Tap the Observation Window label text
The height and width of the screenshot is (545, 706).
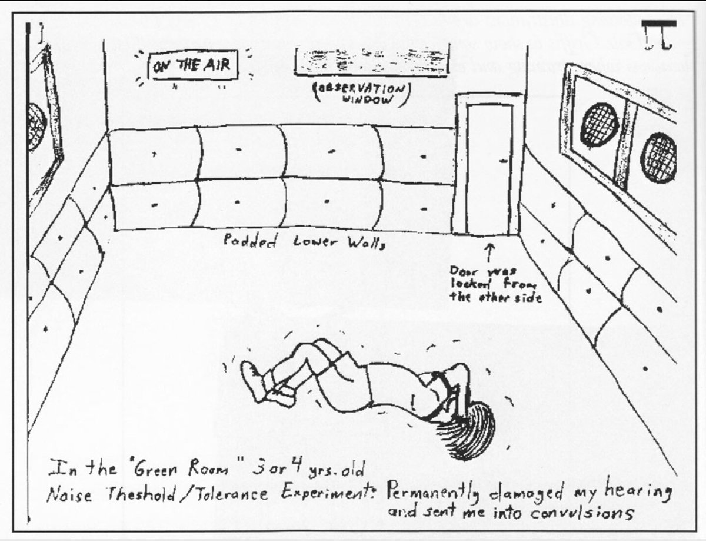tap(360, 93)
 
